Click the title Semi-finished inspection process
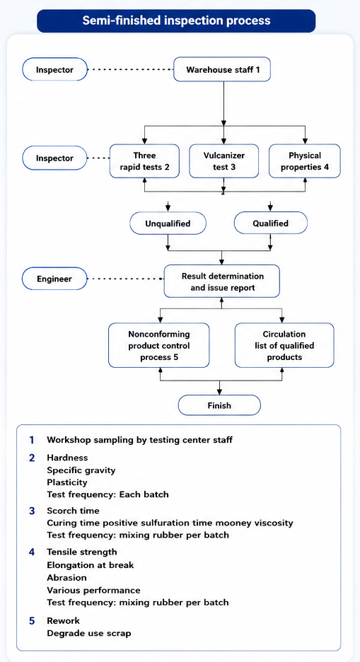(176, 21)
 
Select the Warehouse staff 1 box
(222, 69)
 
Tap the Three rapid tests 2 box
(145, 161)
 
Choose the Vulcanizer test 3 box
(223, 161)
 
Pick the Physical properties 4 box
(305, 161)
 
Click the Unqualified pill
(168, 223)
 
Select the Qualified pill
(270, 223)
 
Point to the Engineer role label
(54, 279)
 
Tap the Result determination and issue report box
(222, 281)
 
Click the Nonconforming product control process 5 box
(158, 345)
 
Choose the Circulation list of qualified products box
(284, 345)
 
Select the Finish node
(219, 406)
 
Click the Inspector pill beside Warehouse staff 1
(54, 69)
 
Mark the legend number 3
(32, 511)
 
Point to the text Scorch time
(73, 511)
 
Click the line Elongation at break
(91, 565)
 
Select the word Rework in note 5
(64, 621)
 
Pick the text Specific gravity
(81, 470)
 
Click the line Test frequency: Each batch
(108, 494)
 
